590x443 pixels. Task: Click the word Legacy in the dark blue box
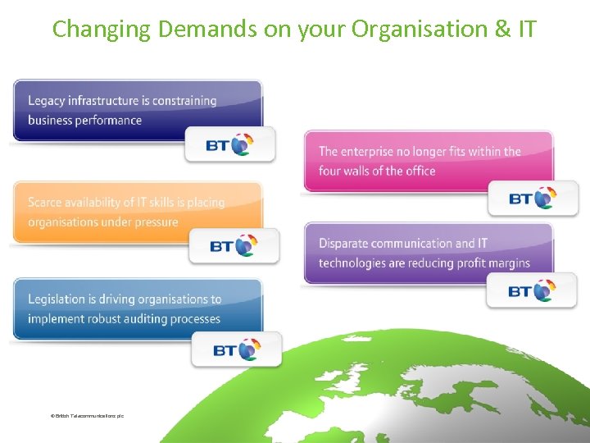click(46, 101)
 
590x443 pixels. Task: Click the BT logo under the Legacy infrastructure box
click(230, 144)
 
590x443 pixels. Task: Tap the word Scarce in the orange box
click(45, 202)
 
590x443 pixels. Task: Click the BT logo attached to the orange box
click(234, 245)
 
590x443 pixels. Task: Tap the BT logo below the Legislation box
click(237, 349)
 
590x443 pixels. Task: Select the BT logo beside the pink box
click(533, 198)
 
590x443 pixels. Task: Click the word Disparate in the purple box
click(345, 244)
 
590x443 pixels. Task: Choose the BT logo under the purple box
click(532, 290)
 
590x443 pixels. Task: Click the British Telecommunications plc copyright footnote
click(87, 416)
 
